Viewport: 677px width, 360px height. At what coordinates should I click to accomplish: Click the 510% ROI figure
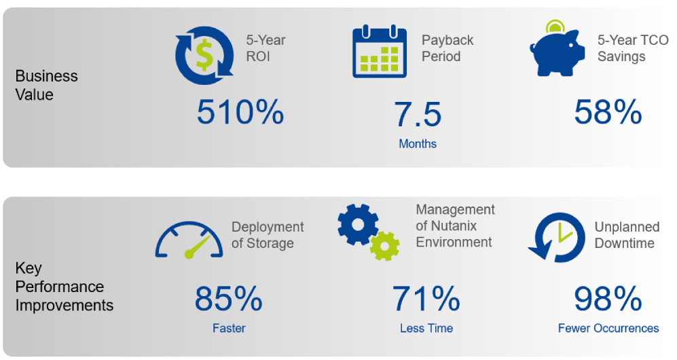coord(240,112)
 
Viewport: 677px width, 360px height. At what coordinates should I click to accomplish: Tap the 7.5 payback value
coord(418,115)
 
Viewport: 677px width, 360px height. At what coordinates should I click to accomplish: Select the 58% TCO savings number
coord(608,112)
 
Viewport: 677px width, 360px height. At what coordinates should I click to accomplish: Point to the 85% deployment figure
coord(228,299)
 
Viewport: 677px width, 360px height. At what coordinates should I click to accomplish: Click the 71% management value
coord(426,299)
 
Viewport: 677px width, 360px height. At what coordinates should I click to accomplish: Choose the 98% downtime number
coord(608,299)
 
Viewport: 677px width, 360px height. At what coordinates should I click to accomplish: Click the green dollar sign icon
coord(204,55)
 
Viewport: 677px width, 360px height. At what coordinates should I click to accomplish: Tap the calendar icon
coord(380,52)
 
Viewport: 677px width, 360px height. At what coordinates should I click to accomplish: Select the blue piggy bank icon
coord(557,53)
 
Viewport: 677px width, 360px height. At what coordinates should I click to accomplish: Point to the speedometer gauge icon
coord(189,240)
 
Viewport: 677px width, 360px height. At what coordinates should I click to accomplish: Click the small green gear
coord(385,247)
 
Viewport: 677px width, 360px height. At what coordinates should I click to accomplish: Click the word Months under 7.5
coord(418,144)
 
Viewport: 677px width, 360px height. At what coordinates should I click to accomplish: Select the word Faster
coord(229,328)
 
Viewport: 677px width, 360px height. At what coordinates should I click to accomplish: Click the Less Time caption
coord(426,328)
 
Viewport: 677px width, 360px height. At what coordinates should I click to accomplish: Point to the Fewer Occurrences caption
coord(608,328)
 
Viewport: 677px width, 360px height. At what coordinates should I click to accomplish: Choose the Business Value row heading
coord(47,85)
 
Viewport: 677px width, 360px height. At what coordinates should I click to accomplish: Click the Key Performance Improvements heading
coord(65,287)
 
